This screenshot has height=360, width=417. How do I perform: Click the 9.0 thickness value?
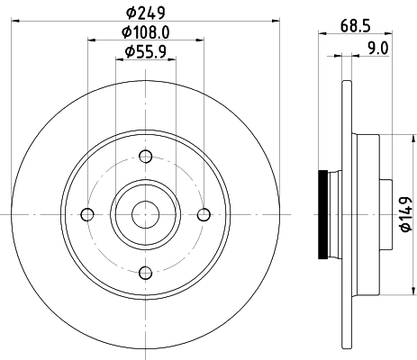point(376,49)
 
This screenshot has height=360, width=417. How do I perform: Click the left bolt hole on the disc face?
point(87,214)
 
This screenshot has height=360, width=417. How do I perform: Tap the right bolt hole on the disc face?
point(204,214)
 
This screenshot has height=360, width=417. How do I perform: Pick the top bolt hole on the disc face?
point(146,156)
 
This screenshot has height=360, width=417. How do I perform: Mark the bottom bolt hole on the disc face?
point(146,272)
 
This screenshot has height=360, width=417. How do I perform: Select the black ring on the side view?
point(325,214)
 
